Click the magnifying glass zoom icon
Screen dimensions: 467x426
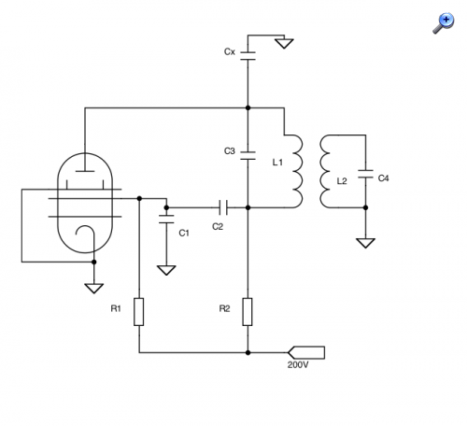444,22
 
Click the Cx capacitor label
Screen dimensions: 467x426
230,51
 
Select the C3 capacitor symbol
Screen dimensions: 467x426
248,155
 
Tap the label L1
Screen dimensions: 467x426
277,163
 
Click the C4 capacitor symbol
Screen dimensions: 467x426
365,174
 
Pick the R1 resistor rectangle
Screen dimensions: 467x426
139,312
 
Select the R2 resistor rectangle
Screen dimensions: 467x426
248,312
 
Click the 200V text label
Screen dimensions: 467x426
298,364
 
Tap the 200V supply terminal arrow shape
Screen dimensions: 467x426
306,352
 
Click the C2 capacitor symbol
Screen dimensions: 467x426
223,207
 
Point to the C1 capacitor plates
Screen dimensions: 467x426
166,219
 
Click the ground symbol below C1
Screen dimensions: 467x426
166,270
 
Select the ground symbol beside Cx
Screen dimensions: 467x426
284,43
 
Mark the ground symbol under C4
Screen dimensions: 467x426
365,243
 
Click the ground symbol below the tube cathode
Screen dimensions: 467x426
93,289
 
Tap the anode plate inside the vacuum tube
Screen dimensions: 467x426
85,171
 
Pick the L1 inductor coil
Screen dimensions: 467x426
298,171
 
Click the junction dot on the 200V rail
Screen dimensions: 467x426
248,352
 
